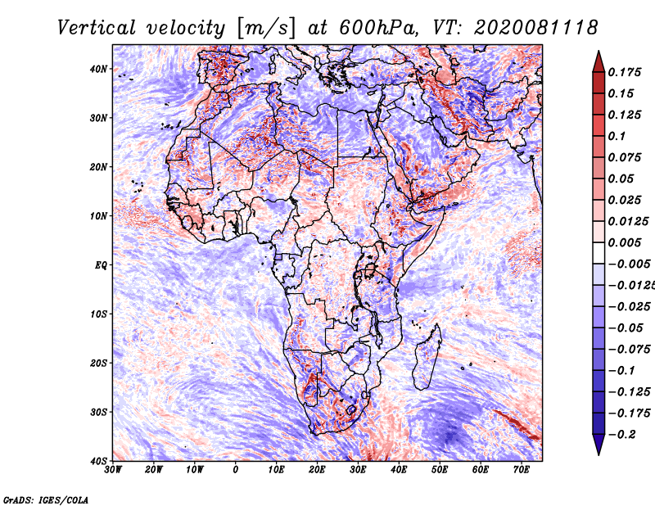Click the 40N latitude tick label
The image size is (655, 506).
pos(97,69)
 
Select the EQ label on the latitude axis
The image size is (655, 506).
pos(101,265)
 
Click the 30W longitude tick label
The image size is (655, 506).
pos(113,470)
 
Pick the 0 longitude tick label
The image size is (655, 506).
pos(236,470)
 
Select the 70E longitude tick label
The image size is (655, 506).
pos(522,470)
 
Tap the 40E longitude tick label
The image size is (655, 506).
pos(399,470)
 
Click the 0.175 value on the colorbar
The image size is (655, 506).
pos(625,72)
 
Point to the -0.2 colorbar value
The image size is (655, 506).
pos(621,434)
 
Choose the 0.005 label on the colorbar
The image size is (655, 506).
pos(625,242)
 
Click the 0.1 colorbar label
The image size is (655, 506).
pos(617,136)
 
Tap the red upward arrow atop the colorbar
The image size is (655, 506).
pos(599,62)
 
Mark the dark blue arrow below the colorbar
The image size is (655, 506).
pos(599,444)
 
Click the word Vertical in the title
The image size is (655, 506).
pos(97,28)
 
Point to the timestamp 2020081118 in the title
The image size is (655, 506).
pos(536,28)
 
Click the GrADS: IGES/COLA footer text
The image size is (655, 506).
pos(46,499)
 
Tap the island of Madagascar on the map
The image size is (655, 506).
pos(427,358)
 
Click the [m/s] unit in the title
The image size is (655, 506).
pos(266,28)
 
